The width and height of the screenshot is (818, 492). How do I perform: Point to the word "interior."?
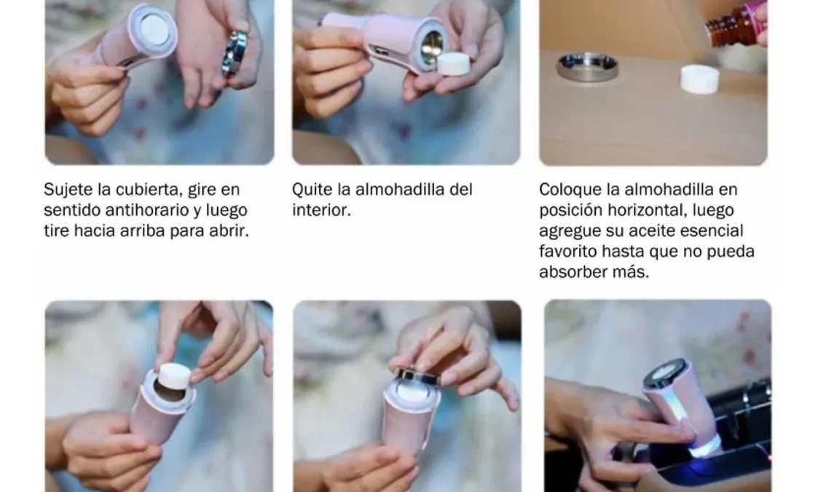tap(321, 210)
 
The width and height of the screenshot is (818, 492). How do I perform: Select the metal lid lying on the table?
tap(587, 66)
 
